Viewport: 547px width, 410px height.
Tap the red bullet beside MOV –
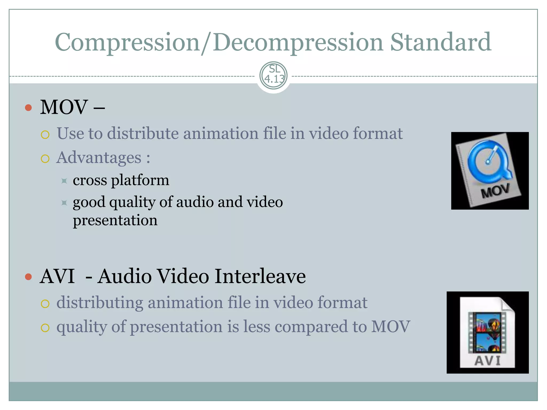28,108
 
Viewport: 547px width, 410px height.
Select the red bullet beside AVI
28,277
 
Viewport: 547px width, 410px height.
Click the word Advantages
99,157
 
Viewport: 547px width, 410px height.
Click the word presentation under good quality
115,220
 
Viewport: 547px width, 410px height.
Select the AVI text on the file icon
487,361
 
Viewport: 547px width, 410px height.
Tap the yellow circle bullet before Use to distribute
45,135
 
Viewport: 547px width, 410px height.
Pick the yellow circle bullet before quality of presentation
45,328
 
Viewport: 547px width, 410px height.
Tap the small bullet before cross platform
64,181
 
